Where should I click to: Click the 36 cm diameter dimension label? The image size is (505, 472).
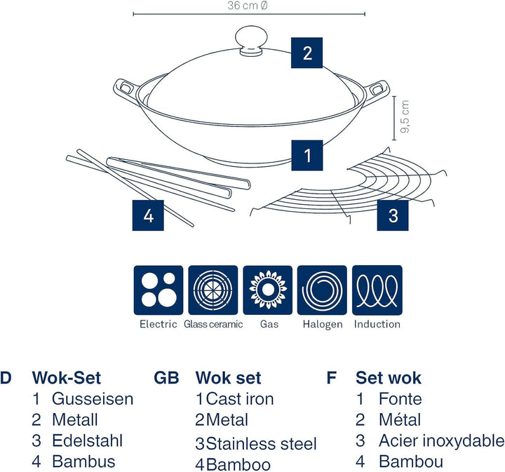(x=248, y=6)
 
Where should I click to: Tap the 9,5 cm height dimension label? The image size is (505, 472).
(x=405, y=117)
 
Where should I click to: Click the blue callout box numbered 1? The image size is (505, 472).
(x=307, y=156)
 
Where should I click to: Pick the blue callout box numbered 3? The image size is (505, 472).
(x=393, y=215)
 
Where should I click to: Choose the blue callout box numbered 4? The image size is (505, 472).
(x=148, y=215)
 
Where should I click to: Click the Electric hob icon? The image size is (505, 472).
(x=158, y=290)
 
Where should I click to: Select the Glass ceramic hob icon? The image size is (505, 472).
(x=213, y=290)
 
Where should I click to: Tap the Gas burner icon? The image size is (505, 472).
(x=267, y=290)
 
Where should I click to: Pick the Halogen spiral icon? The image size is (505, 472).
(x=323, y=290)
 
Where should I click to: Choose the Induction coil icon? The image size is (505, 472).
(x=377, y=290)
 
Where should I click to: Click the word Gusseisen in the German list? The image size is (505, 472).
(x=92, y=399)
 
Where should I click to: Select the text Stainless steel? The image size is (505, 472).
(x=262, y=444)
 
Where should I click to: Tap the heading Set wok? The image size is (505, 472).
(x=389, y=378)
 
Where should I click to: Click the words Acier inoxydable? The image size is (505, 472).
(x=441, y=441)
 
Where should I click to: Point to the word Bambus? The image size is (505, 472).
(x=83, y=461)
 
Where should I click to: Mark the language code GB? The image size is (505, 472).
(x=167, y=378)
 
